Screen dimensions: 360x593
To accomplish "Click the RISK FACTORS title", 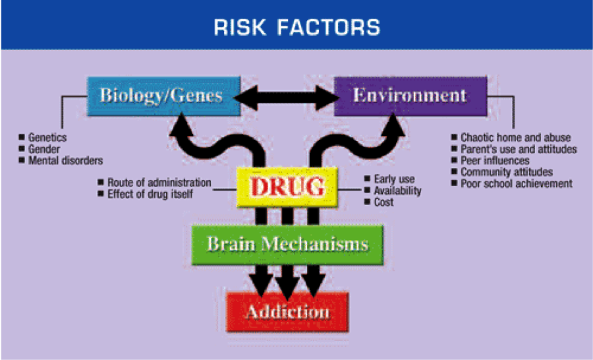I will pos(296,27).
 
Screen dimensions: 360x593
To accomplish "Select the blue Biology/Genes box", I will pos(161,96).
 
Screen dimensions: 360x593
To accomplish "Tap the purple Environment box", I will pos(410,96).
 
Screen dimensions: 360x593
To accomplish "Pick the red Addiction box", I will pos(287,311).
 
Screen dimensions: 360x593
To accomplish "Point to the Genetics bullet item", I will pos(47,138).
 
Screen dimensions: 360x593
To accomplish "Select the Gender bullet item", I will pos(43,149).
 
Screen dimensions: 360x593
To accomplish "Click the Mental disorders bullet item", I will pos(65,160).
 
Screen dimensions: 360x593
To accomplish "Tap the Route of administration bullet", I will pos(159,183).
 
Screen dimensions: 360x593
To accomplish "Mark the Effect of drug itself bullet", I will pos(151,194).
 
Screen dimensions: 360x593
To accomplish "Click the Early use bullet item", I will pos(394,179).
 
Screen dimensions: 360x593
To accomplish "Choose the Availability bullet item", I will pos(397,191).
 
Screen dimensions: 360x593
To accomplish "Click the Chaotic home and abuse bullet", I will pos(515,138).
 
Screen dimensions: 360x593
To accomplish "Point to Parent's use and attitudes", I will pos(519,149).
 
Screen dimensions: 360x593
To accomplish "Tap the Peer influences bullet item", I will pos(495,160).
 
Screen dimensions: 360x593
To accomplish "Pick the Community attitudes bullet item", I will pos(506,172).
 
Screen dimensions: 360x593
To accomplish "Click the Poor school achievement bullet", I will pos(517,183).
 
